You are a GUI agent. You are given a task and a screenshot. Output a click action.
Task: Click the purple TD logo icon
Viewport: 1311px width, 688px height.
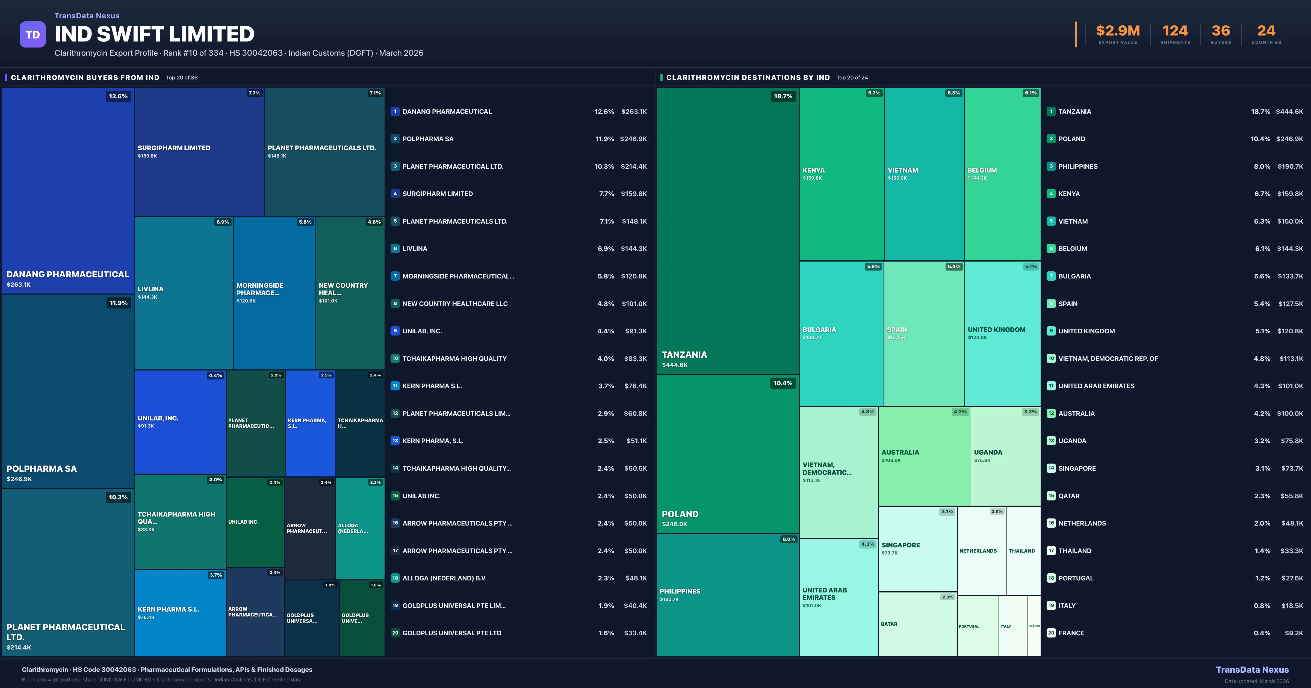coord(33,35)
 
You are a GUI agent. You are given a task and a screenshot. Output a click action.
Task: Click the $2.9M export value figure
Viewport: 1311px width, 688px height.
coord(1118,31)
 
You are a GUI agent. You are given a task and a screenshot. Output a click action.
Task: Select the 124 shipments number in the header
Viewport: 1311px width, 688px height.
coord(1175,31)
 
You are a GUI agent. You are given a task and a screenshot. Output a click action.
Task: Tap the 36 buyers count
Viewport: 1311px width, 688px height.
coord(1220,31)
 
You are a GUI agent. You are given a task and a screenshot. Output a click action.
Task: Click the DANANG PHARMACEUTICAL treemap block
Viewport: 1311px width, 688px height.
coord(68,191)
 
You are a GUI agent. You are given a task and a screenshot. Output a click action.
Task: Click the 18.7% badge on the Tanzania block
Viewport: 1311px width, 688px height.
coord(783,96)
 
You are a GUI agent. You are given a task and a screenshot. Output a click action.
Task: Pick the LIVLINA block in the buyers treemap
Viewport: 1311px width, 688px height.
coord(184,293)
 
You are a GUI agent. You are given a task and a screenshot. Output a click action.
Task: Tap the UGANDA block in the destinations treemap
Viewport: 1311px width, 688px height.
coord(1005,456)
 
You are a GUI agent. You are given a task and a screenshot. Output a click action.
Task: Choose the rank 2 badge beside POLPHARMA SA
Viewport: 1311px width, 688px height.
coord(395,138)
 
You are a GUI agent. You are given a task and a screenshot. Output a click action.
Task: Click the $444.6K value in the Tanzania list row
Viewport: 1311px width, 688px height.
coord(1289,111)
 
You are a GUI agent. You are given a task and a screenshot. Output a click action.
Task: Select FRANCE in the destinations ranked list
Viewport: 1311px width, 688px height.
coord(1071,633)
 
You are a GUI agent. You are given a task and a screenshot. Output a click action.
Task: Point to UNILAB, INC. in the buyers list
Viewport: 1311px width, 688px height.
coord(422,331)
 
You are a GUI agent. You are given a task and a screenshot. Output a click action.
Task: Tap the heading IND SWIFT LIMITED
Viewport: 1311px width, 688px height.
coord(154,34)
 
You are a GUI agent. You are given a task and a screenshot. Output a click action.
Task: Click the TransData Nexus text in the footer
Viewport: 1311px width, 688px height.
coord(1252,670)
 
